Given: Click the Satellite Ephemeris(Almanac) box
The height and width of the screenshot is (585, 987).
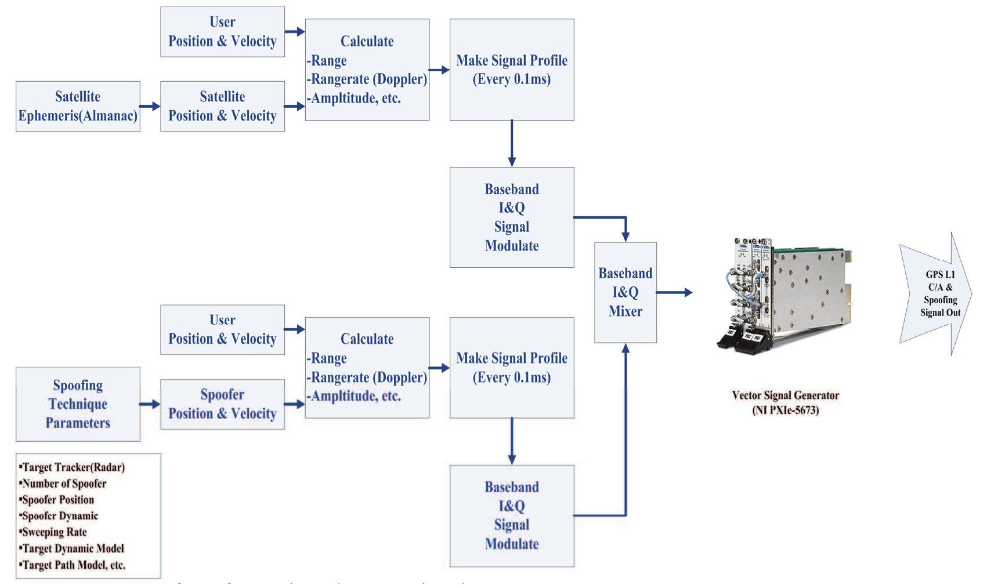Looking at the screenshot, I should (78, 106).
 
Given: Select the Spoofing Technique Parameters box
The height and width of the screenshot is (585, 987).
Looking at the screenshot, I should (78, 404).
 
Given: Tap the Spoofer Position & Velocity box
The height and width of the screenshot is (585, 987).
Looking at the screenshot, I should (222, 404).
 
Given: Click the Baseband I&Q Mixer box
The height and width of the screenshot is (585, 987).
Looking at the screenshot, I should (626, 292).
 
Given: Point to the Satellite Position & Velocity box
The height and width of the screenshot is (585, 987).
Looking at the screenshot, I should (222, 106).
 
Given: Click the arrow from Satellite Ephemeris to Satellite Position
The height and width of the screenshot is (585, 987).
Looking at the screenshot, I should (150, 106).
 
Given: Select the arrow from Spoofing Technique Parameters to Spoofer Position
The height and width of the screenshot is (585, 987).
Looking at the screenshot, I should (150, 404).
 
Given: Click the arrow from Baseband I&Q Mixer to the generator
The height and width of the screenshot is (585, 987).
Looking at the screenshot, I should (674, 293).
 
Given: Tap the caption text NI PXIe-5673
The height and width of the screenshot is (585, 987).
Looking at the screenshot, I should (785, 410).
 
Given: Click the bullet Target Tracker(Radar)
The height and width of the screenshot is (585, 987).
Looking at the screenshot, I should (73, 467).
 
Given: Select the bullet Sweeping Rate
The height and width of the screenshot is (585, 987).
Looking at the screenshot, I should (54, 532).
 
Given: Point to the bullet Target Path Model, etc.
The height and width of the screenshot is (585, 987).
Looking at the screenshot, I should (73, 565).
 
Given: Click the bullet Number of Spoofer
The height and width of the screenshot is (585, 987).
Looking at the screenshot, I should (64, 484).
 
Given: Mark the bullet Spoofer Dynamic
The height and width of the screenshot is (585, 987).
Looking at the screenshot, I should (59, 516).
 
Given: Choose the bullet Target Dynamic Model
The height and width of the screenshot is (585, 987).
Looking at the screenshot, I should (73, 548).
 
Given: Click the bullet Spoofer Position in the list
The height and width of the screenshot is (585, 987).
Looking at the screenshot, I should (57, 500).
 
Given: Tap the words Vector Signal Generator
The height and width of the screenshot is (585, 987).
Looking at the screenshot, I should (785, 395).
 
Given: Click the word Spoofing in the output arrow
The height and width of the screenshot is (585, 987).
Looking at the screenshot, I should (940, 300).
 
